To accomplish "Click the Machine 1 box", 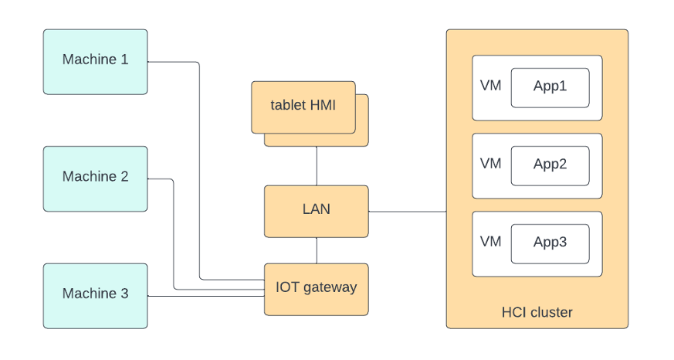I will pyautogui.click(x=95, y=62).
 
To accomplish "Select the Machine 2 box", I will pyautogui.click(x=95, y=178).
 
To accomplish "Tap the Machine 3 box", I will pyautogui.click(x=95, y=295).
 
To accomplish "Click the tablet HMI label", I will pyautogui.click(x=303, y=105).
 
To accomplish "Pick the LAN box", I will pyautogui.click(x=317, y=210).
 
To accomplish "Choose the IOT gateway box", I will pyautogui.click(x=317, y=289).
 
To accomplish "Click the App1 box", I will pyautogui.click(x=550, y=87).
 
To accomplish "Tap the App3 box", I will pyautogui.click(x=550, y=243).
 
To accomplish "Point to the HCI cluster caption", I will pyautogui.click(x=537, y=313).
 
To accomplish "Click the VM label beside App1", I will pyautogui.click(x=490, y=86).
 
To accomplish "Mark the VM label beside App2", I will pyautogui.click(x=490, y=164).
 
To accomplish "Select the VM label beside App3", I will pyautogui.click(x=490, y=242).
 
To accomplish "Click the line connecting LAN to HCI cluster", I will pyautogui.click(x=407, y=211).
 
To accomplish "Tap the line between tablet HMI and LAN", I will pyautogui.click(x=317, y=165).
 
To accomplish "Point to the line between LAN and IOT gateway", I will pyautogui.click(x=317, y=250).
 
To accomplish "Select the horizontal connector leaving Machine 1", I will pyautogui.click(x=173, y=62).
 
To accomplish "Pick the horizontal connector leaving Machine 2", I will pyautogui.click(x=160, y=179).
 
